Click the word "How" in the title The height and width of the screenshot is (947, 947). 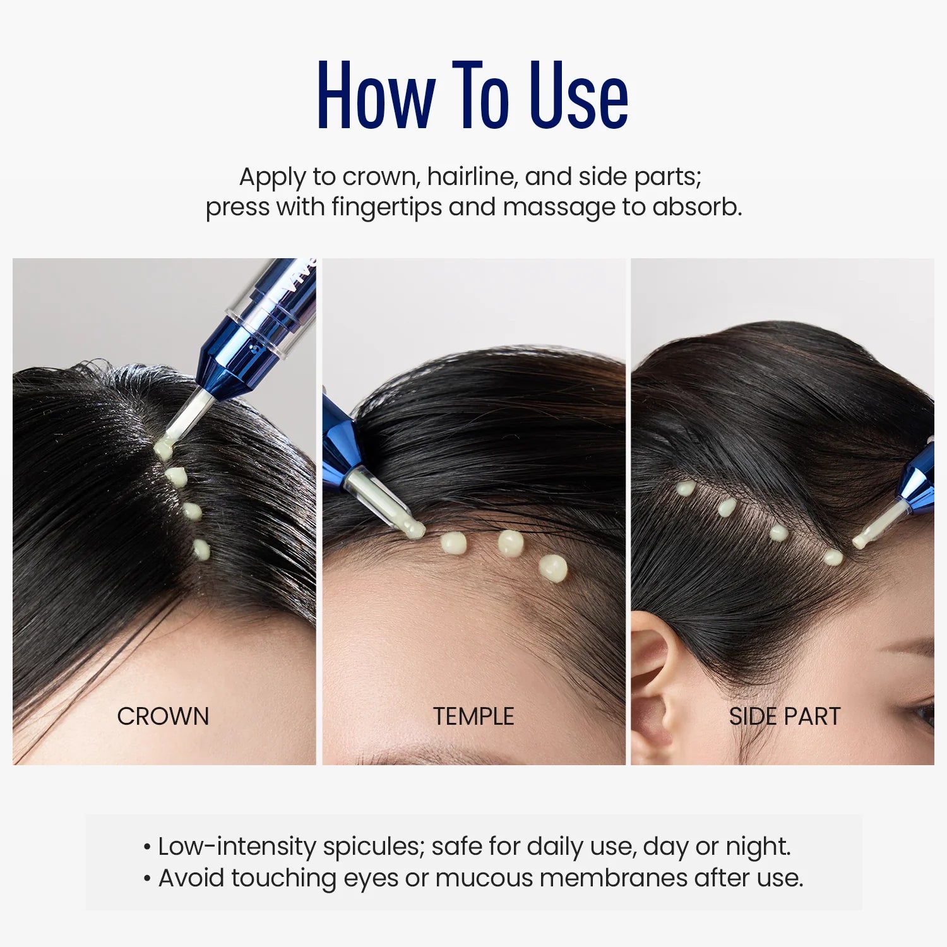tap(376, 96)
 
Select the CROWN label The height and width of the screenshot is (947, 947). tap(163, 717)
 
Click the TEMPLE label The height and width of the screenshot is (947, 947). tap(473, 717)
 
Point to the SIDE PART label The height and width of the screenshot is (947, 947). tap(785, 717)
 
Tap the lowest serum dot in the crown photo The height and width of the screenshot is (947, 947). tap(201, 549)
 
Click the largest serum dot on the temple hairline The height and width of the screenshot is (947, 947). tap(553, 568)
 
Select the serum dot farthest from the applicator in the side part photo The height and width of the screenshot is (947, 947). tap(685, 487)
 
